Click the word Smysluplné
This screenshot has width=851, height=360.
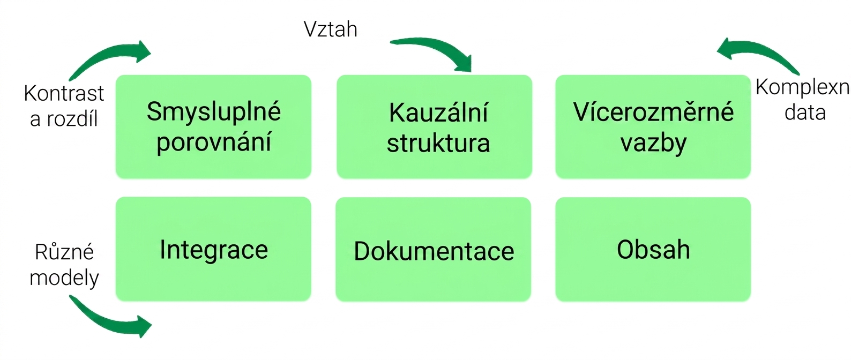(x=214, y=111)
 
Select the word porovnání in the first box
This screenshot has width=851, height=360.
(x=214, y=142)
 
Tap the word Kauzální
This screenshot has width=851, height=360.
(x=438, y=112)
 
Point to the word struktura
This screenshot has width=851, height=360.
(x=438, y=143)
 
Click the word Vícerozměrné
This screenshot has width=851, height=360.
(x=653, y=111)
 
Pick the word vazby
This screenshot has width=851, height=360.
(x=653, y=143)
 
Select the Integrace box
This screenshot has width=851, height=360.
(x=213, y=249)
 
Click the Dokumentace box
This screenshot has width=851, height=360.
(x=434, y=250)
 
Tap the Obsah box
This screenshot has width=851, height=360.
(x=653, y=250)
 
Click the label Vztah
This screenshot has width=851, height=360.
(x=331, y=29)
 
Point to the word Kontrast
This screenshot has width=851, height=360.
(x=64, y=93)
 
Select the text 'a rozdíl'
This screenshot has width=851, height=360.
(x=64, y=119)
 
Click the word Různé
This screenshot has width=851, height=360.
(x=64, y=251)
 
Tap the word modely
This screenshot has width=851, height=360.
(x=64, y=278)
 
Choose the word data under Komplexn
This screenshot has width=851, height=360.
(x=805, y=113)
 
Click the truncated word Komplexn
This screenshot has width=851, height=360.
(x=803, y=88)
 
